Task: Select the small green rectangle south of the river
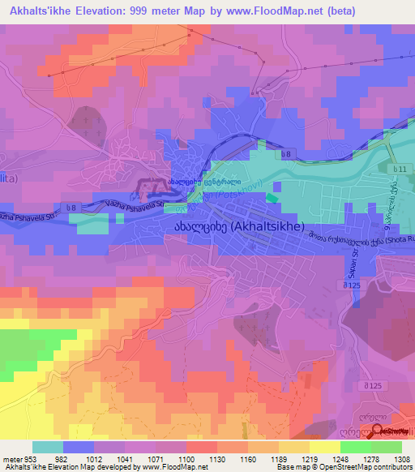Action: click(x=272, y=195)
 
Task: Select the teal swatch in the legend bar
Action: click(x=47, y=447)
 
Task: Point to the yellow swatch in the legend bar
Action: click(x=324, y=447)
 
